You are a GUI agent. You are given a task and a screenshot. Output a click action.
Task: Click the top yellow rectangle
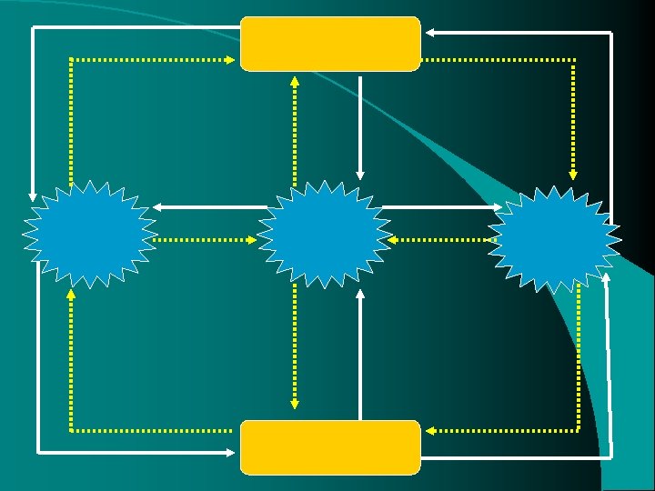click(x=330, y=43)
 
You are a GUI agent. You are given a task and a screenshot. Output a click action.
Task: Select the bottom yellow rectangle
click(x=330, y=446)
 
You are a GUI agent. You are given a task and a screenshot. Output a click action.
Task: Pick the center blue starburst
click(x=325, y=234)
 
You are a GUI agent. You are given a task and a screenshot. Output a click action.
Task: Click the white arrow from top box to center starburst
click(x=361, y=127)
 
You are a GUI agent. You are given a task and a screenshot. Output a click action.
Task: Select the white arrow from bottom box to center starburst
click(x=361, y=355)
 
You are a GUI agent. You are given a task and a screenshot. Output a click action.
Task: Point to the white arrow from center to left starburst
click(x=209, y=207)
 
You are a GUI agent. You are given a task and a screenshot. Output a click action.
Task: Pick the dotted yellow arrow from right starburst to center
click(x=446, y=240)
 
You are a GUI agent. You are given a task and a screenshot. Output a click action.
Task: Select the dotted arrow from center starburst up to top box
click(x=295, y=127)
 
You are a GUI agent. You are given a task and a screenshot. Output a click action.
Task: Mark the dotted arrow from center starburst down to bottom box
click(x=295, y=346)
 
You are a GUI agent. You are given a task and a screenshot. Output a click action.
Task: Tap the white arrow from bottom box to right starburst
click(x=608, y=382)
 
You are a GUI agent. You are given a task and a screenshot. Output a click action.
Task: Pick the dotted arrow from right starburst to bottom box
click(x=579, y=364)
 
